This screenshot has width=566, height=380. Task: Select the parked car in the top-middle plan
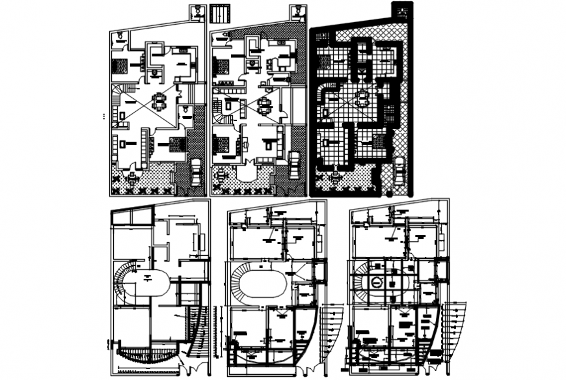click(294, 163)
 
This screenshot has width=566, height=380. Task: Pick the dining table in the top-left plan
click(159, 102)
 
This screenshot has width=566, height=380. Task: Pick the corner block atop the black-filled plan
click(402, 11)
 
